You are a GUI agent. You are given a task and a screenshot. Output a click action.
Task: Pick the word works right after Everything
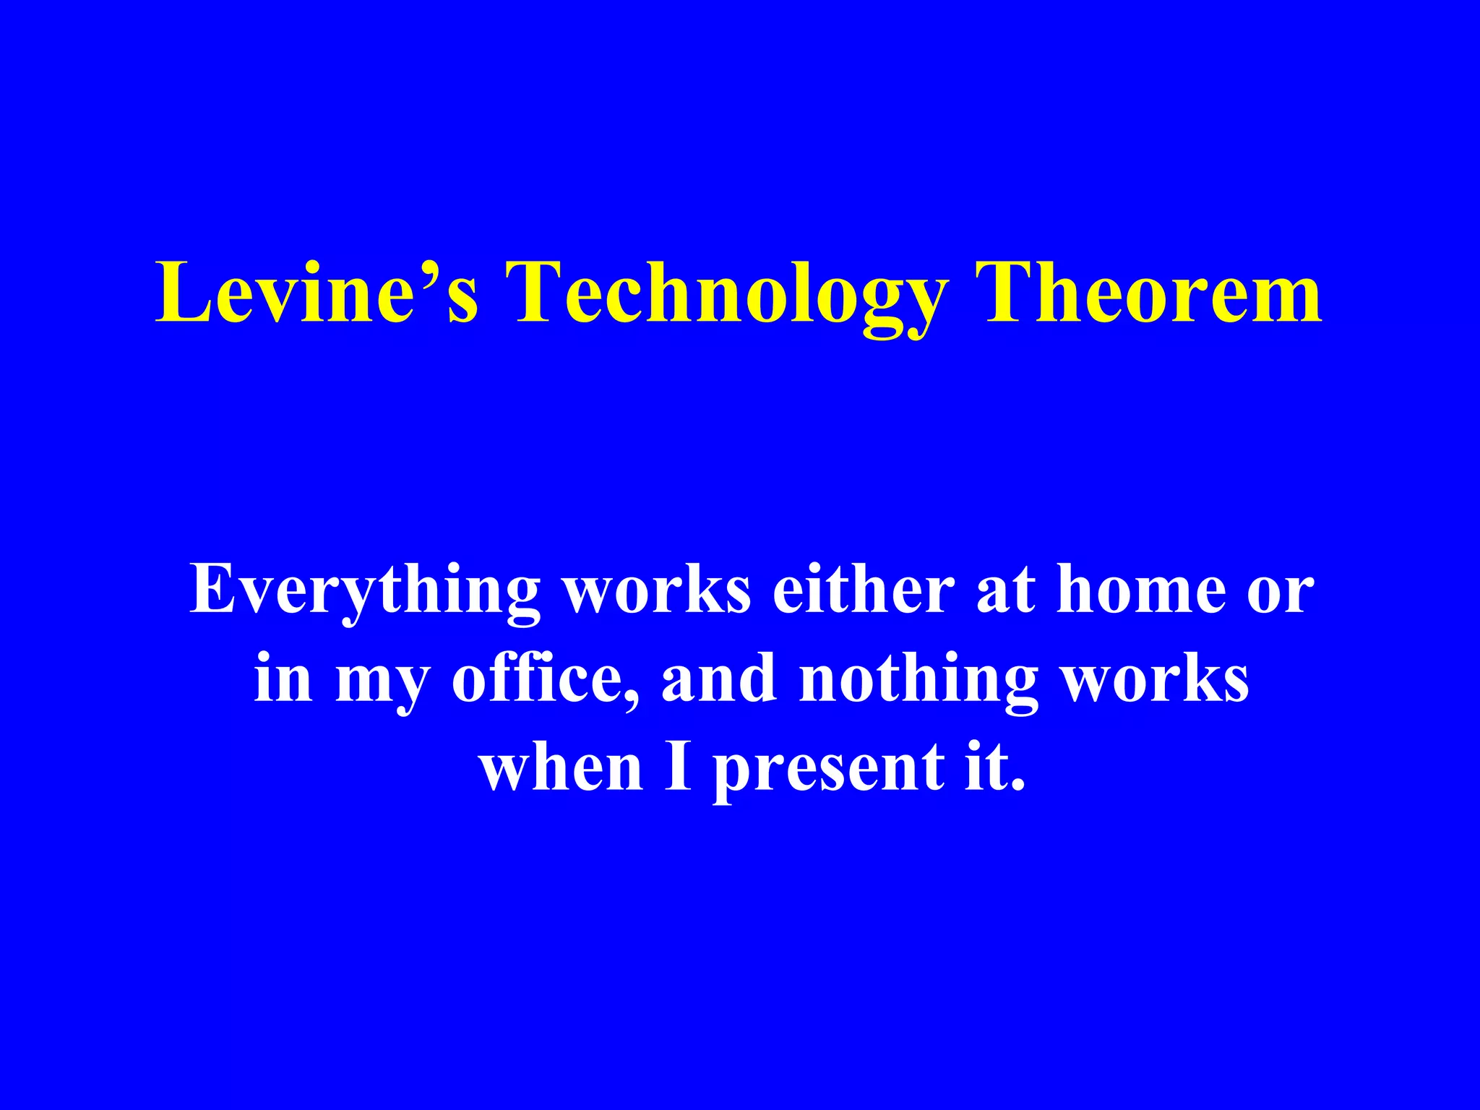click(x=657, y=590)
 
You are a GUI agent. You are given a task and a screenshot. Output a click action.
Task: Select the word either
click(x=864, y=590)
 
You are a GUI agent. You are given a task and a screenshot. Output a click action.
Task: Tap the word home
click(x=1141, y=590)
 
